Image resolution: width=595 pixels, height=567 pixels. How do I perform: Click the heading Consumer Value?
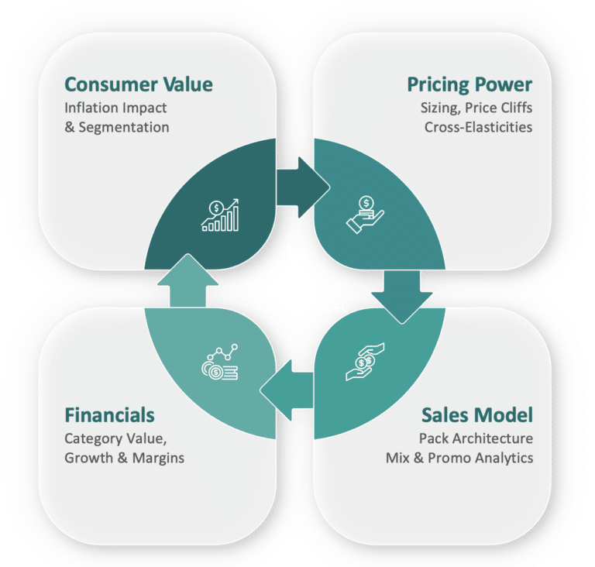pyautogui.click(x=139, y=84)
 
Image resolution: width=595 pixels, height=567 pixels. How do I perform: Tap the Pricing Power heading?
pyautogui.click(x=469, y=85)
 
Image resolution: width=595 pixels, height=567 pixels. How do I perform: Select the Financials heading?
pyautogui.click(x=109, y=415)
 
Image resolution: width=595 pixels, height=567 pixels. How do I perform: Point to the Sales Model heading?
pyautogui.click(x=477, y=415)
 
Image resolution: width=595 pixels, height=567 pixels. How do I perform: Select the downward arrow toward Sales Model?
pyautogui.click(x=402, y=297)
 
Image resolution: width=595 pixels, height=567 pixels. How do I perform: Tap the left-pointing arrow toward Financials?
pyautogui.click(x=287, y=390)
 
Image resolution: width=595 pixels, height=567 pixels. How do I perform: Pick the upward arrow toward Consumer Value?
pyautogui.click(x=187, y=280)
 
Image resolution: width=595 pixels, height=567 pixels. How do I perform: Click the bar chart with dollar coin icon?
pyautogui.click(x=220, y=215)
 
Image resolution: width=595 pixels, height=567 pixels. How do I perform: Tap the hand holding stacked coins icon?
pyautogui.click(x=365, y=215)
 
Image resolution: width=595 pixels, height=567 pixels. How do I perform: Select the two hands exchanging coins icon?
pyautogui.click(x=365, y=362)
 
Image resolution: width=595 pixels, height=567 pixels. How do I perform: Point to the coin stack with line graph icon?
pyautogui.click(x=220, y=362)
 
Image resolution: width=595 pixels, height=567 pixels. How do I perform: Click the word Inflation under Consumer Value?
pyautogui.click(x=88, y=108)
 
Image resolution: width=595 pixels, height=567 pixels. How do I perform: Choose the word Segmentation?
pyautogui.click(x=124, y=128)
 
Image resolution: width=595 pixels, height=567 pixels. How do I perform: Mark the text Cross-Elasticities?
pyautogui.click(x=478, y=127)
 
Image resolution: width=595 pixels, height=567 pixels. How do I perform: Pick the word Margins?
pyautogui.click(x=158, y=459)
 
